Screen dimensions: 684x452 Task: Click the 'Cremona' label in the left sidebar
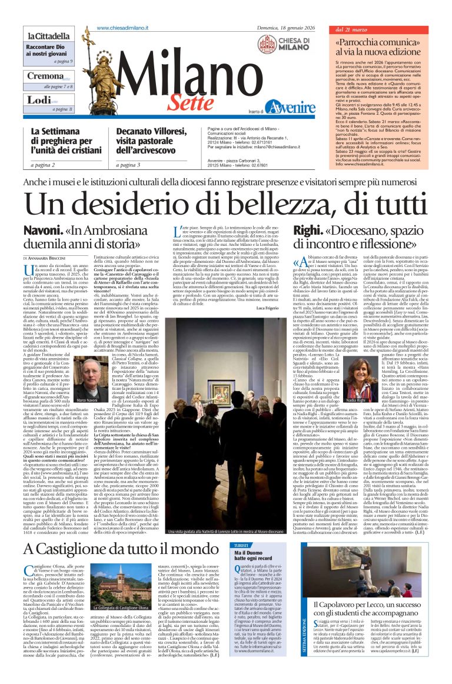[44, 76]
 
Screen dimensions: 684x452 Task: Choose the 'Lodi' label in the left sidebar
[38, 100]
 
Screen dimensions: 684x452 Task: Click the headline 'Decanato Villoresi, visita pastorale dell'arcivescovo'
[150, 141]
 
